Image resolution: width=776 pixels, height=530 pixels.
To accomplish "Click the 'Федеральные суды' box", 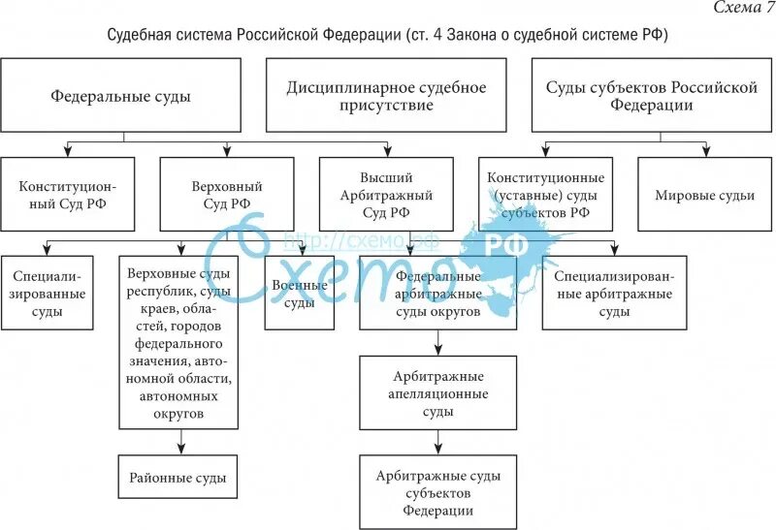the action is [120, 96].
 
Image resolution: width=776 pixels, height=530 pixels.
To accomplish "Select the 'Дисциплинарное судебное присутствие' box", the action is [386, 96].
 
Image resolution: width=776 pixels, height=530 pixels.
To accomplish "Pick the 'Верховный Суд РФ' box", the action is [227, 194].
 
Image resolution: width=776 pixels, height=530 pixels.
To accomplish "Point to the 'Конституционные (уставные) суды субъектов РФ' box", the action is [546, 194].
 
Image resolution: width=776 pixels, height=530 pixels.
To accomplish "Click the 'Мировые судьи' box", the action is [704, 194].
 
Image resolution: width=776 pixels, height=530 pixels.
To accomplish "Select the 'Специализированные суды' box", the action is [48, 293].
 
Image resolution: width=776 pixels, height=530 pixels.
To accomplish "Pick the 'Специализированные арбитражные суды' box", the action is [614, 293].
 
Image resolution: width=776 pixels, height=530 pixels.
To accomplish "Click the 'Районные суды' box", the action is [179, 478].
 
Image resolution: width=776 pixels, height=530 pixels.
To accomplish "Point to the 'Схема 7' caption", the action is [742, 9].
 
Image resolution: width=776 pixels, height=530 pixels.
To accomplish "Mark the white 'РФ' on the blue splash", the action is [506, 244].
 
